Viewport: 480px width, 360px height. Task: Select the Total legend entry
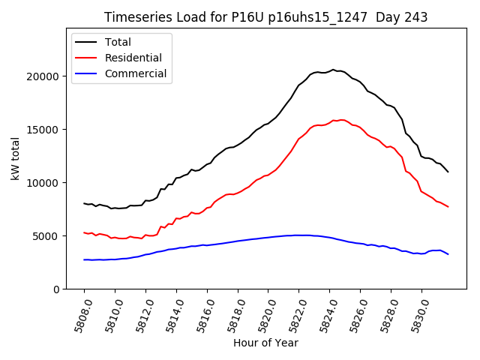[x=118, y=42]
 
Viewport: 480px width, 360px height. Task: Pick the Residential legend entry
[x=133, y=58]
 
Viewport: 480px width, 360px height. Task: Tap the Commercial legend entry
[x=136, y=73]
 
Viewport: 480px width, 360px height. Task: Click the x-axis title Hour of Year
[x=265, y=343]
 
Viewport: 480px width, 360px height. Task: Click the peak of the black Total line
[x=333, y=70]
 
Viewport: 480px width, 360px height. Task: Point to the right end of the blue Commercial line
[x=448, y=254]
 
